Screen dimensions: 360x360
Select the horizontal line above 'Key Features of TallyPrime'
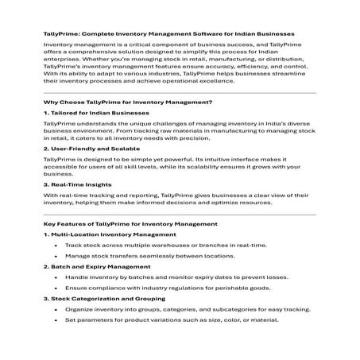click(180, 215)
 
